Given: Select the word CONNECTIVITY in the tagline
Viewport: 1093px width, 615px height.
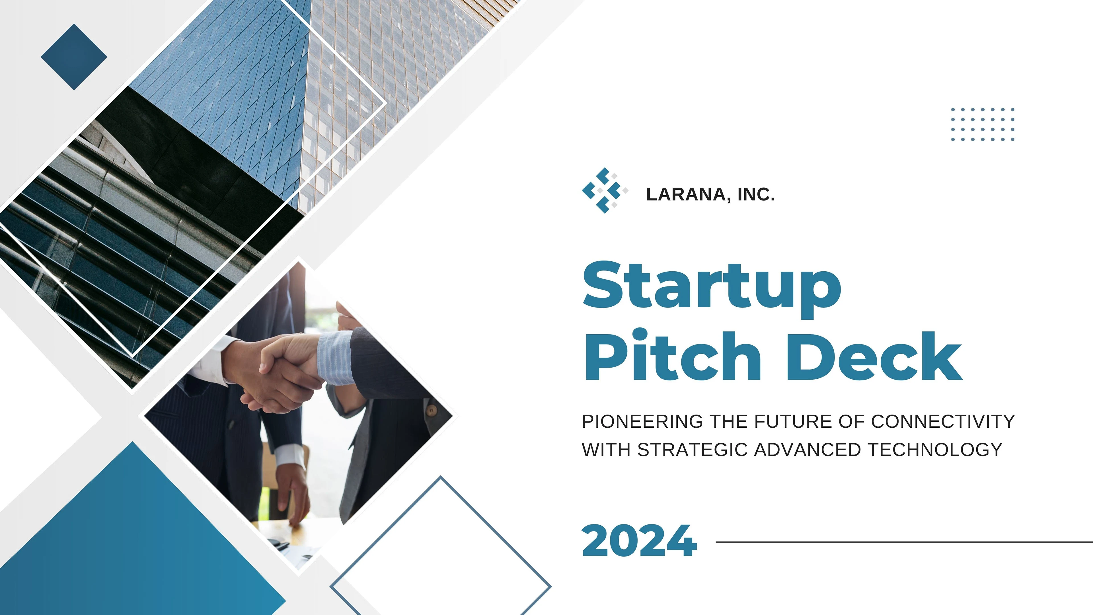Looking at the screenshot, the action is point(943,421).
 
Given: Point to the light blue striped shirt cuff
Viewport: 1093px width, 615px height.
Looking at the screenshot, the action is point(335,357).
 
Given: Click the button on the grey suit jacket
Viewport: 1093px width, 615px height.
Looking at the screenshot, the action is point(432,410).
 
